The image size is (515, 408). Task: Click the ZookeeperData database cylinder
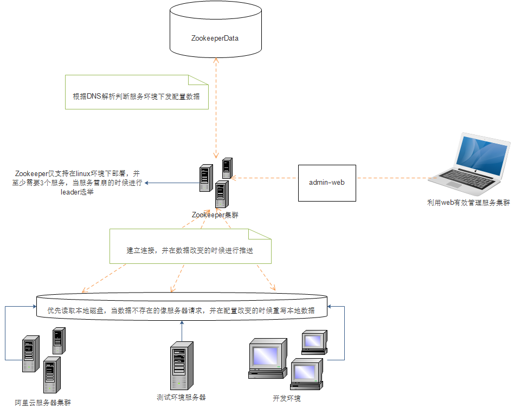pos(215,33)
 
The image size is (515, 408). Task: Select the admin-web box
pos(327,183)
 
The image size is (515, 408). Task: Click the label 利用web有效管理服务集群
pos(468,203)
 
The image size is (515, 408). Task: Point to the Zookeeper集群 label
pos(215,215)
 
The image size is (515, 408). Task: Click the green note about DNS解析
pos(136,96)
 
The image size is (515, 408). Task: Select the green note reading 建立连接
pos(190,250)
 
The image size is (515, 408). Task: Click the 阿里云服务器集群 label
pos(43,402)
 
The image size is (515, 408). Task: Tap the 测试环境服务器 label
pos(181,397)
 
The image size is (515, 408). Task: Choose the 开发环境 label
pos(287,398)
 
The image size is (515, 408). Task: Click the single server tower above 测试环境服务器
pos(182,365)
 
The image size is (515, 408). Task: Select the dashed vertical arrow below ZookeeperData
pos(216,108)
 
